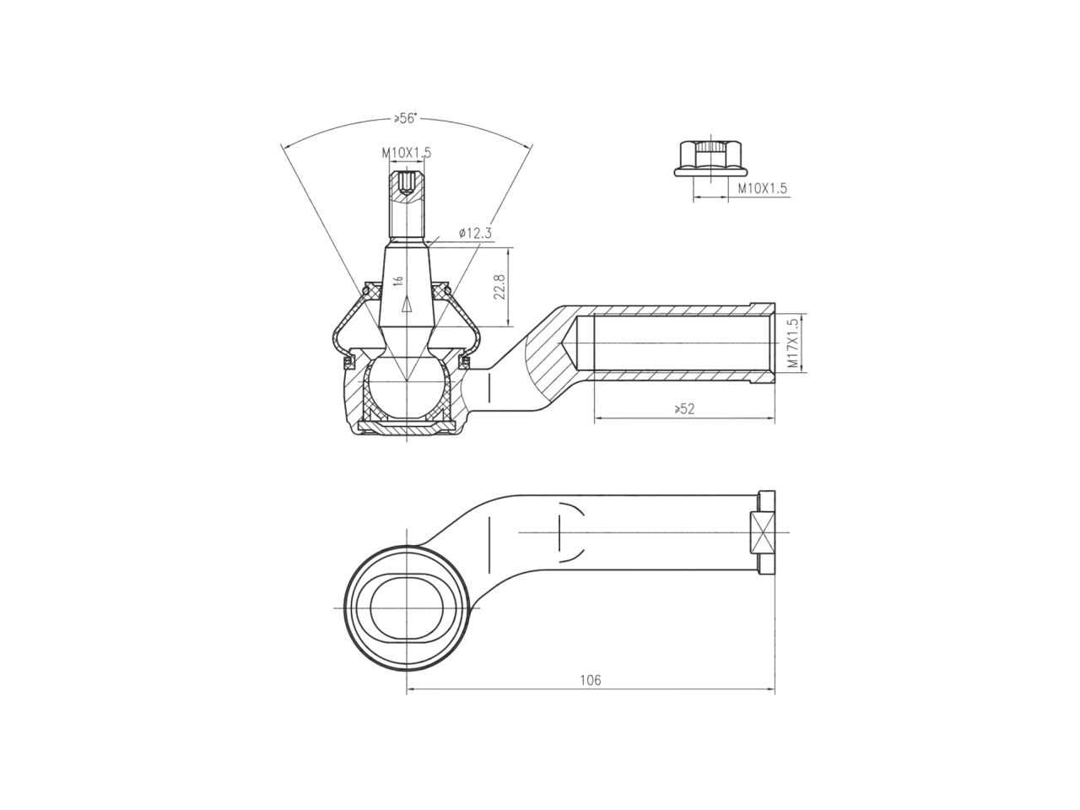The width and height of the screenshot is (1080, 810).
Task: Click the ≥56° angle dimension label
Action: (405, 119)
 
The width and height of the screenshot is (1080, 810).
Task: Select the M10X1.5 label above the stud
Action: (406, 153)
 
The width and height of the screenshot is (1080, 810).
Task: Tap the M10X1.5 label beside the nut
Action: (762, 188)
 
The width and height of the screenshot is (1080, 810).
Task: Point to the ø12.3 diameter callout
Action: (475, 232)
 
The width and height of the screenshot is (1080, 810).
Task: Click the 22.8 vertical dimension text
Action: (499, 287)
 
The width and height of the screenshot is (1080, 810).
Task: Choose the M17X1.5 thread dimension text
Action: (791, 343)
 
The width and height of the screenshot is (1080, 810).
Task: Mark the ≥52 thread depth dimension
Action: (684, 409)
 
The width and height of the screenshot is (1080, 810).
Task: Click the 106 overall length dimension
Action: (591, 680)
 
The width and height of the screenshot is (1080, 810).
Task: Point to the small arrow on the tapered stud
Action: (407, 305)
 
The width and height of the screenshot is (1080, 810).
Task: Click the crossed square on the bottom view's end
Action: (763, 532)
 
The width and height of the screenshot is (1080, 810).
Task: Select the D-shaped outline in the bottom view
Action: (570, 532)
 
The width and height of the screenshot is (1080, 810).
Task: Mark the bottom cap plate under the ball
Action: (407, 430)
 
